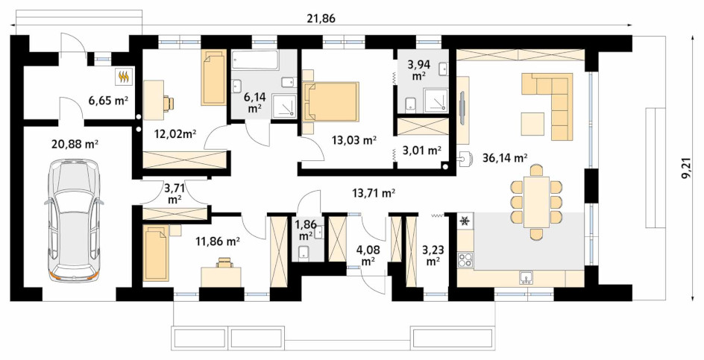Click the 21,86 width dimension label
pyautogui.click(x=322, y=19)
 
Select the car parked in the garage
pyautogui.click(x=74, y=221)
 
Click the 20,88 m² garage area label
pyautogui.click(x=75, y=145)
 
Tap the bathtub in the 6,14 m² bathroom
pyautogui.click(x=255, y=60)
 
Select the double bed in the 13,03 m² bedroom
pyautogui.click(x=331, y=101)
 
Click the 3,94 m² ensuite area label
pyautogui.click(x=418, y=70)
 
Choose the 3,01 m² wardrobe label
pyautogui.click(x=421, y=151)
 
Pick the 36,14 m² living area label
pyautogui.click(x=505, y=157)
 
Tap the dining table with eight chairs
pyautogui.click(x=536, y=202)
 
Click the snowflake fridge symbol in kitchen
pyautogui.click(x=465, y=221)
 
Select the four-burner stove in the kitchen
pyautogui.click(x=465, y=259)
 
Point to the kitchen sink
pyautogui.click(x=527, y=278)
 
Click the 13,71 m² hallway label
pyautogui.click(x=374, y=193)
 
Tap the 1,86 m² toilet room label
pyautogui.click(x=306, y=230)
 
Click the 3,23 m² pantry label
pyautogui.click(x=432, y=254)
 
